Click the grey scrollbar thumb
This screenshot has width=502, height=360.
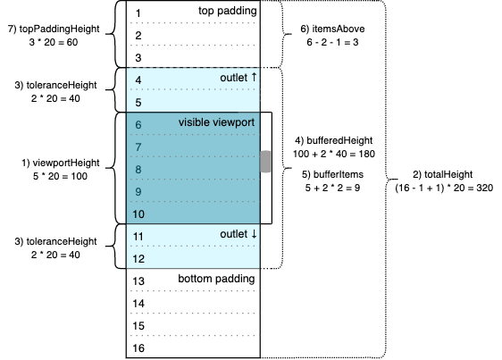[x=265, y=162]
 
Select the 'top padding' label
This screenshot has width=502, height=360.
[x=227, y=11]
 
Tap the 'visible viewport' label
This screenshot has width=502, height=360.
[x=216, y=121]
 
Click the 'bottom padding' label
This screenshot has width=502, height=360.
[x=216, y=279]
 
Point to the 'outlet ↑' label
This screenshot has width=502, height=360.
[x=238, y=79]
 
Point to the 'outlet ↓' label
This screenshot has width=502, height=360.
[x=238, y=234]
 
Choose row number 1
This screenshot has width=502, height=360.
[x=139, y=13]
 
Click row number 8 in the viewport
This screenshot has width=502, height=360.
[x=139, y=169]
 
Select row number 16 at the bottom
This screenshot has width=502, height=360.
[x=139, y=347]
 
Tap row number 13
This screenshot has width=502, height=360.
[x=139, y=281]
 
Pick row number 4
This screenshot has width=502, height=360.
[x=139, y=80]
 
